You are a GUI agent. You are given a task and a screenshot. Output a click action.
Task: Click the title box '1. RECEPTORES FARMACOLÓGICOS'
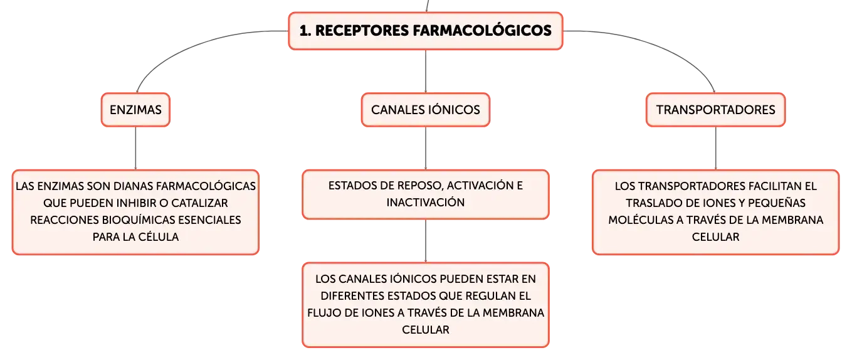click(x=425, y=31)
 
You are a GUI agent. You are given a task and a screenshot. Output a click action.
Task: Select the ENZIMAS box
click(x=135, y=110)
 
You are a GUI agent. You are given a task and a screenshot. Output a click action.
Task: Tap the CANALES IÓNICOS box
click(x=425, y=110)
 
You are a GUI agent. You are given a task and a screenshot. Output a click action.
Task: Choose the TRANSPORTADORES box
click(x=715, y=110)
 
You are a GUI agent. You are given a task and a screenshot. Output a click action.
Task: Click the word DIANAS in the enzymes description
click(x=134, y=186)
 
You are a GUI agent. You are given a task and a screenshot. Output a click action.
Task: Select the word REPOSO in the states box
click(x=421, y=186)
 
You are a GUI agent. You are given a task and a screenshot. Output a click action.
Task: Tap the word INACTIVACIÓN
click(x=425, y=203)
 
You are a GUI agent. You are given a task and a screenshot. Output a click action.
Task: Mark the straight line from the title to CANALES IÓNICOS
click(x=425, y=71)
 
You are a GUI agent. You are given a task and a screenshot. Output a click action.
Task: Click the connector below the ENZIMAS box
click(x=135, y=149)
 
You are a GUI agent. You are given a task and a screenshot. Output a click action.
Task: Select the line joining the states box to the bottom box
click(x=425, y=241)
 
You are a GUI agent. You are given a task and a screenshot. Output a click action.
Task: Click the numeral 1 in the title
click(x=303, y=31)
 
